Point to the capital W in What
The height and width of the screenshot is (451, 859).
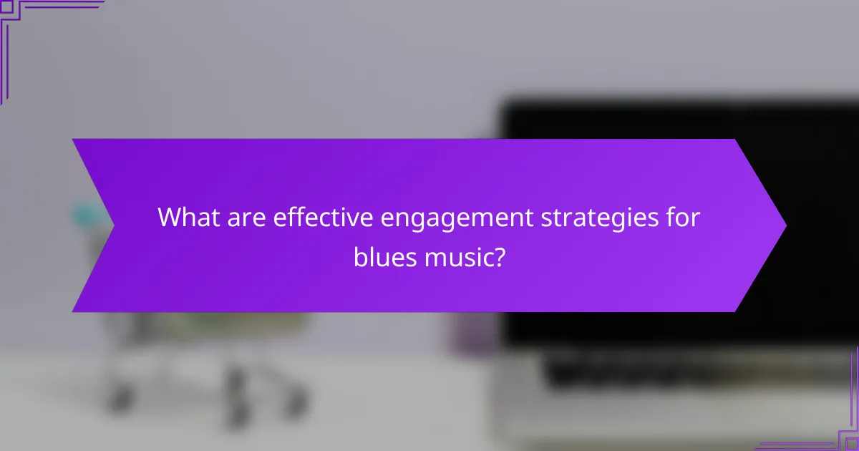pos(168,216)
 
